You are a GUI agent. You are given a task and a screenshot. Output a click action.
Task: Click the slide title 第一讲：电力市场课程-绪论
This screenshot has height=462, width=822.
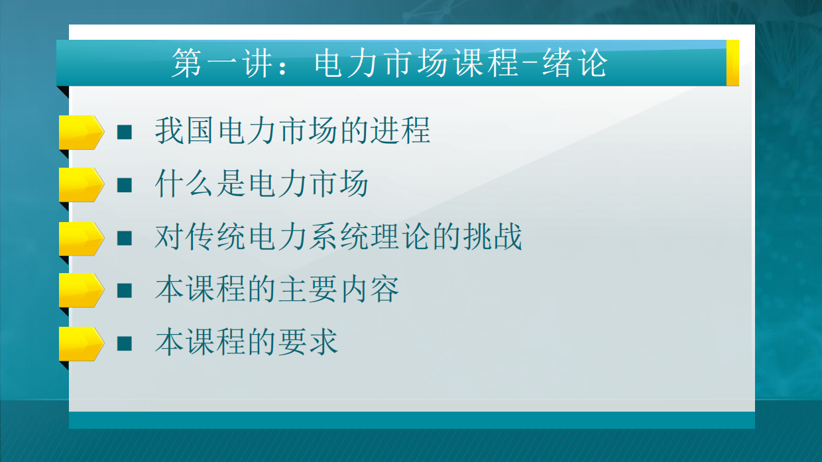(389, 64)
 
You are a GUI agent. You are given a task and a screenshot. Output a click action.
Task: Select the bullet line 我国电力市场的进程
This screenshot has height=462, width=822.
(292, 131)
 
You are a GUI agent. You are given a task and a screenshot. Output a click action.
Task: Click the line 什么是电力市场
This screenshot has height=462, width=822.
(261, 184)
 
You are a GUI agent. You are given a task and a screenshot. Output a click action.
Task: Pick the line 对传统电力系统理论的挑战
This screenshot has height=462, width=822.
(338, 237)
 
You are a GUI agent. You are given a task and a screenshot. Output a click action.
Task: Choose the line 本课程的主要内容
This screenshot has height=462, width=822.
(277, 290)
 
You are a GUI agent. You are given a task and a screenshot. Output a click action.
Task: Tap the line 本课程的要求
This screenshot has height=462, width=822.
(247, 343)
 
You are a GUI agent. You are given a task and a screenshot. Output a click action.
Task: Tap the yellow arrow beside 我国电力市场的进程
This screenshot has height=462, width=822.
(81, 132)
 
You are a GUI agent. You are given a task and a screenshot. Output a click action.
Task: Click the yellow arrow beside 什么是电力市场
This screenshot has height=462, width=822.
(81, 185)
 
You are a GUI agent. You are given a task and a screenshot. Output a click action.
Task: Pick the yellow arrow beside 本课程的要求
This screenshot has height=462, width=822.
(81, 343)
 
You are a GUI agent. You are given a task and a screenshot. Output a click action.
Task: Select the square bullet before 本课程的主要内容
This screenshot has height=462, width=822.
(125, 290)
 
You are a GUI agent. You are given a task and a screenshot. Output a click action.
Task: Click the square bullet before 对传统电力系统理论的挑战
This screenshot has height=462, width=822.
(125, 237)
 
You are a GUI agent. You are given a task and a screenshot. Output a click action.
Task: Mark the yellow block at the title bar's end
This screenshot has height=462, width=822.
(733, 63)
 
